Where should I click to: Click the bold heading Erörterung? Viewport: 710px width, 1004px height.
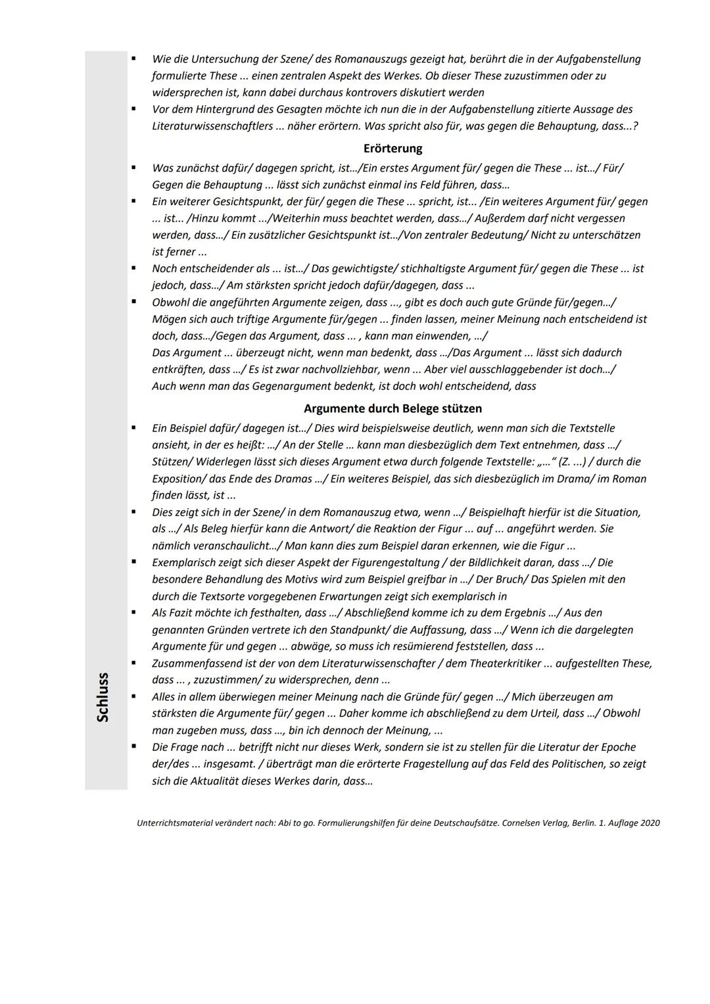[x=392, y=149]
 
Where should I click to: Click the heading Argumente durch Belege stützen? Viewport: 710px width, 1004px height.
[x=392, y=409]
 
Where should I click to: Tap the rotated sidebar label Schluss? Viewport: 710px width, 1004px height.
[x=103, y=697]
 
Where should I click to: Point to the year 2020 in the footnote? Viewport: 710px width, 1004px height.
[x=650, y=823]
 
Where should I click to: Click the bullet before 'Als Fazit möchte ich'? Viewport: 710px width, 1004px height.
[x=133, y=612]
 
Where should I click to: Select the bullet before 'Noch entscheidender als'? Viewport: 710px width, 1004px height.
[x=133, y=268]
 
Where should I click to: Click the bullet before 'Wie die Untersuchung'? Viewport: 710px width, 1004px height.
[x=133, y=59]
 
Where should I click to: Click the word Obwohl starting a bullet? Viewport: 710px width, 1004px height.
[x=170, y=302]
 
